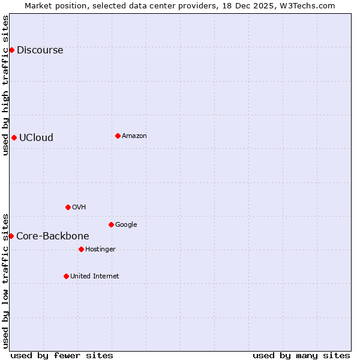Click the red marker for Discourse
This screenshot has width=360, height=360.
tap(11, 50)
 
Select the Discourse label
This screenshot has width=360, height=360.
tap(40, 50)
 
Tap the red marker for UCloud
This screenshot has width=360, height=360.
tap(14, 137)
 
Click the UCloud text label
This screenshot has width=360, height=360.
tap(36, 137)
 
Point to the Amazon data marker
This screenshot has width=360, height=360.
tap(118, 136)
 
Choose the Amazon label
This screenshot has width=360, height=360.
tap(134, 136)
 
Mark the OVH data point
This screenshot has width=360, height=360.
tap(68, 207)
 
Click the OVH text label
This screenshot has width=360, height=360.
tap(79, 208)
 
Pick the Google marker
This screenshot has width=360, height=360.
tap(111, 224)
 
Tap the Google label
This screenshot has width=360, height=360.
tap(126, 225)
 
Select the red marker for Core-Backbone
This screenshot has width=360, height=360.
tap(11, 236)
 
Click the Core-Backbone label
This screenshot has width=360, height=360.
tap(53, 236)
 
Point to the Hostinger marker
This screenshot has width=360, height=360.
tap(81, 249)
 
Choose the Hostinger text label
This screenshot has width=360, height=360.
tap(100, 250)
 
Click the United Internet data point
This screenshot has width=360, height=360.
tap(66, 276)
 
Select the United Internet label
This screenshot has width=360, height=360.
tap(94, 277)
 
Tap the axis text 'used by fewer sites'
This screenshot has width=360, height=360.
tap(62, 355)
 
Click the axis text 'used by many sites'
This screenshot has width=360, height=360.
tap(301, 355)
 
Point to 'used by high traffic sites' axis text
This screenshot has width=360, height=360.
tap(5, 85)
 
